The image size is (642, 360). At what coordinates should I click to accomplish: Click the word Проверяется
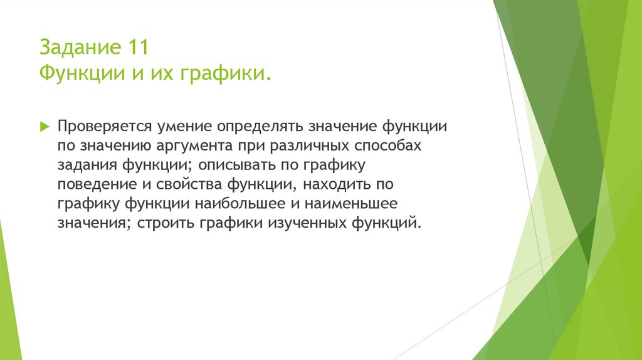pyautogui.click(x=105, y=126)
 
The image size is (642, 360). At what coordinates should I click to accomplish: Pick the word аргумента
pyautogui.click(x=194, y=146)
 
